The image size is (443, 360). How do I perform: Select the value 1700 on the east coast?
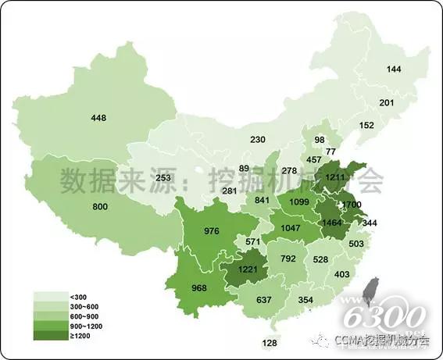(352, 205)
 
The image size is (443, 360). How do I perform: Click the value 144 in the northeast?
(394, 70)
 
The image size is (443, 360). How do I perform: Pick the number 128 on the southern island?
(270, 343)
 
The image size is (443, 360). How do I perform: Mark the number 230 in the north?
(258, 140)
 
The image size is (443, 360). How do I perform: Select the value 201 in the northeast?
(387, 103)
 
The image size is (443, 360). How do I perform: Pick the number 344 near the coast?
(370, 223)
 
